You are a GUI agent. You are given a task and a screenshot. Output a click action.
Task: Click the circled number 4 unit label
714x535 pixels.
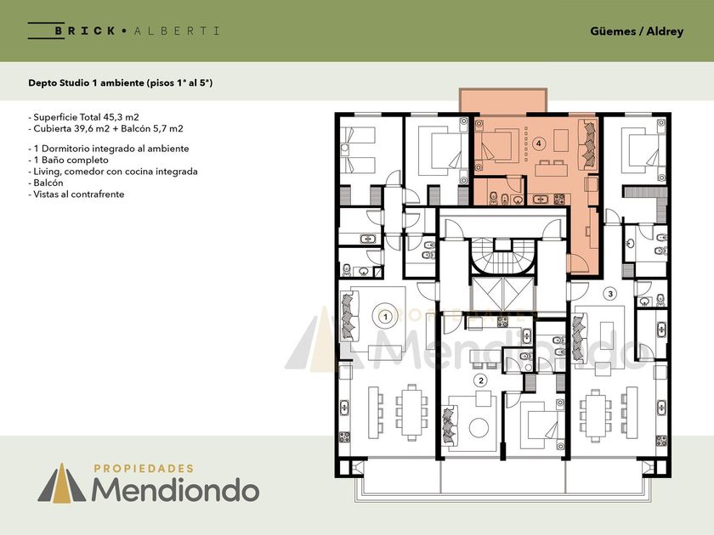point(539,144)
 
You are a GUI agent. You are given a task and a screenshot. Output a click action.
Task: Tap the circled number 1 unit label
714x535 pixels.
point(386,316)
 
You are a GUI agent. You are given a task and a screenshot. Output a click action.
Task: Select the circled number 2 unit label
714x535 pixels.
point(480,380)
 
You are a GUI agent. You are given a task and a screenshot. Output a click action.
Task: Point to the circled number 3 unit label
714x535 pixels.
point(610,294)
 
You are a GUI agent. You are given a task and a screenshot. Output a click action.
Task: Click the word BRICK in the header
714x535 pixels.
point(85,31)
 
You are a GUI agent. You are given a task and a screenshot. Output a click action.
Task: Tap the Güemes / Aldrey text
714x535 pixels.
point(637,31)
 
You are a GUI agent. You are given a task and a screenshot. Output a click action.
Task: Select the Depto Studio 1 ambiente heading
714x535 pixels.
point(120,83)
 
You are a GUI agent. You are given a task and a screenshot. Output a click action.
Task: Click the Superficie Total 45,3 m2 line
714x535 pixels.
point(83,117)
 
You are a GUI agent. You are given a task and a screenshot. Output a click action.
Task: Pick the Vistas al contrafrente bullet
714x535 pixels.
point(76,194)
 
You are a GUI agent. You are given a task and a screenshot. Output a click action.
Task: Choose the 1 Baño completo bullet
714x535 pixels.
point(68,160)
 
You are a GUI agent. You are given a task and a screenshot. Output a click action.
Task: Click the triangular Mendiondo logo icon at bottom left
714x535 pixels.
point(62,483)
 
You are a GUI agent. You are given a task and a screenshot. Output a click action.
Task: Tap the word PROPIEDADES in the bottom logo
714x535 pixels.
point(144,469)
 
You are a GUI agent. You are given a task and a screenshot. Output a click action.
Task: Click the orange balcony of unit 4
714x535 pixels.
point(503,100)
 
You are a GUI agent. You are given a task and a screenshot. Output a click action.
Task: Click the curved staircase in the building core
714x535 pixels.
point(502,257)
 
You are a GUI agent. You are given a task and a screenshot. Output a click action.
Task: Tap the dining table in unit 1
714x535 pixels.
point(412,413)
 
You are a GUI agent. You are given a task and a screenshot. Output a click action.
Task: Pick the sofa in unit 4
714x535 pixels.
point(588,144)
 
